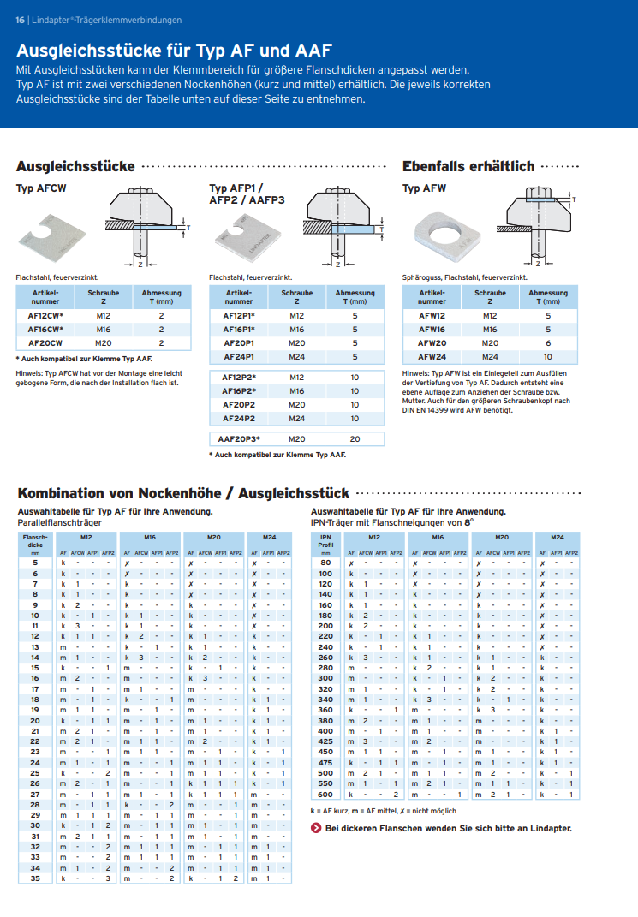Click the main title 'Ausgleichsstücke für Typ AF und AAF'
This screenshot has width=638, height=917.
pyautogui.click(x=174, y=51)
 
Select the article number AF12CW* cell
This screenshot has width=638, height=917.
pyautogui.click(x=39, y=316)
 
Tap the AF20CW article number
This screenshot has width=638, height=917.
pyautogui.click(x=39, y=342)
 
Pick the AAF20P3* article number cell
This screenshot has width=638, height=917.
pyautogui.click(x=239, y=438)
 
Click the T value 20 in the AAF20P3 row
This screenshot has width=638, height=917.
pyautogui.click(x=355, y=438)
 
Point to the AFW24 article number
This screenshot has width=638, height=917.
pyautogui.click(x=432, y=356)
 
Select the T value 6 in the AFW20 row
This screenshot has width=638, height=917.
pyautogui.click(x=548, y=342)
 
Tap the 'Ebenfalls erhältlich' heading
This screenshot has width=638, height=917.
pyautogui.click(x=468, y=166)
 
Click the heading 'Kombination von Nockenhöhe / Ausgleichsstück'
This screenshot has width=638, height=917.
pyautogui.click(x=183, y=493)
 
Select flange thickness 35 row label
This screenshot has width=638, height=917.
pyautogui.click(x=35, y=878)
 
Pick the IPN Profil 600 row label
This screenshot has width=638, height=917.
pyautogui.click(x=325, y=795)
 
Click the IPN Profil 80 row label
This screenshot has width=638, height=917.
pyautogui.click(x=325, y=563)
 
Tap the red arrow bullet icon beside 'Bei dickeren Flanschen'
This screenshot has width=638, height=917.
pyautogui.click(x=316, y=828)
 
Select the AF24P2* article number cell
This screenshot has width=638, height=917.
pyautogui.click(x=239, y=418)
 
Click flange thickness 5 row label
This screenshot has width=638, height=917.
pyautogui.click(x=35, y=563)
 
